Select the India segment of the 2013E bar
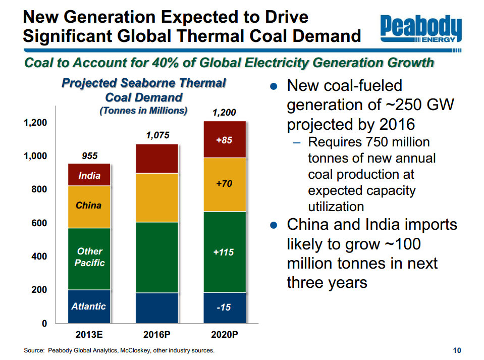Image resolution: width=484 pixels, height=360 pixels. (89, 175)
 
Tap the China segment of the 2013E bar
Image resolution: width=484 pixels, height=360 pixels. (89, 206)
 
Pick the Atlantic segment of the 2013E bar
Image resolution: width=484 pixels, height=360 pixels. (89, 306)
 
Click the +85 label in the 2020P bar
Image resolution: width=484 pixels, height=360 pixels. (224, 140)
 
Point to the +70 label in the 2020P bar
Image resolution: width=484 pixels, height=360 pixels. (224, 184)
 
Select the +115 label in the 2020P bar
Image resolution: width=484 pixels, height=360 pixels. (224, 251)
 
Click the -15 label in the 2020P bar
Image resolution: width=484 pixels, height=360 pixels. (224, 307)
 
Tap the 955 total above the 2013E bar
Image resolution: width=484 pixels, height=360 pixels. (90, 157)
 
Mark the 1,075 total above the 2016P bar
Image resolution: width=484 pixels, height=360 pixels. (157, 135)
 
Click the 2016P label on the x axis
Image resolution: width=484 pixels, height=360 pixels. (157, 335)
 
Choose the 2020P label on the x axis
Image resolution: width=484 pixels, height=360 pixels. (224, 335)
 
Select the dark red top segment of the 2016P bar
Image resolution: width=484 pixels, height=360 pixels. (157, 159)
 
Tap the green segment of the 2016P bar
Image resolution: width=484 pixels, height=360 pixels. (157, 258)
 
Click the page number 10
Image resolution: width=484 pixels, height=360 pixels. (457, 350)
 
